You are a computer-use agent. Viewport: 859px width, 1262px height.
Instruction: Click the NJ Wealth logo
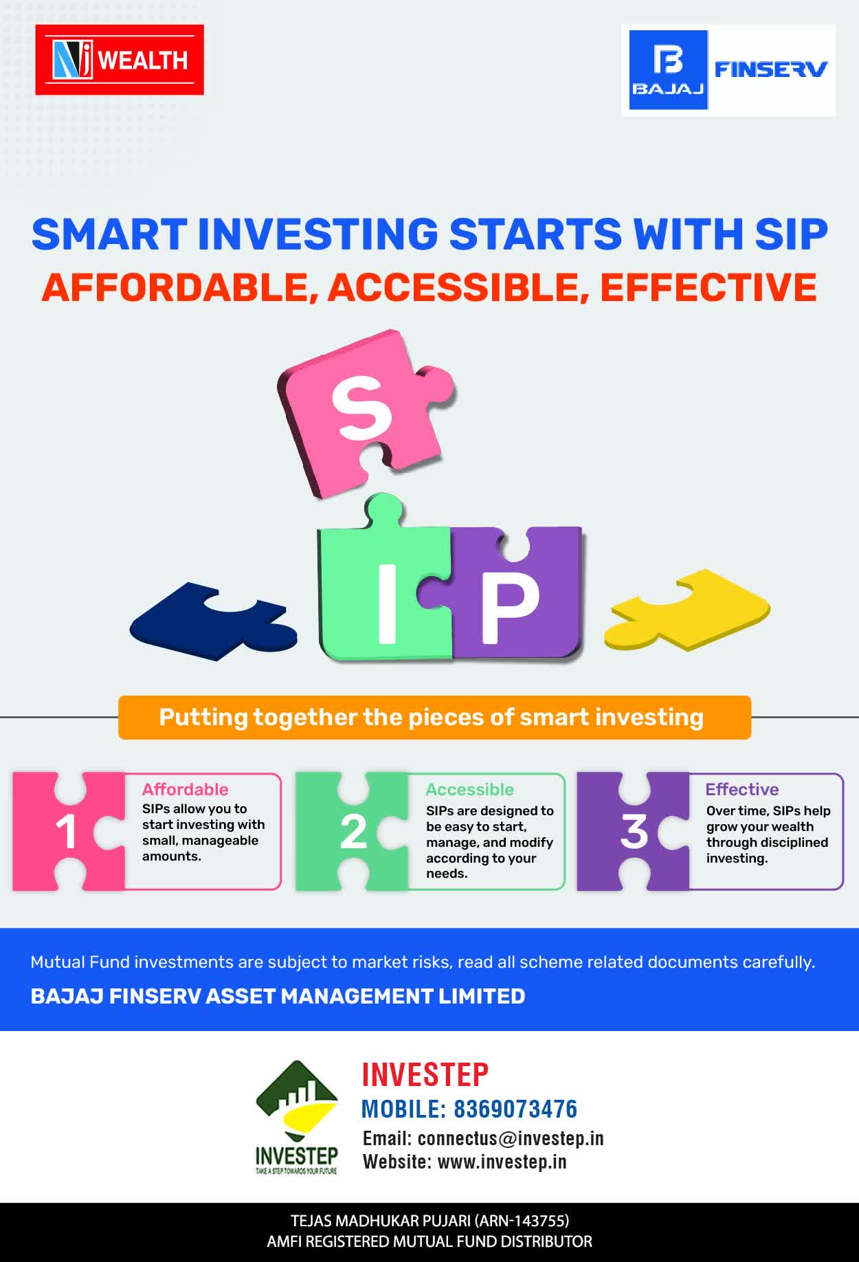pyautogui.click(x=120, y=60)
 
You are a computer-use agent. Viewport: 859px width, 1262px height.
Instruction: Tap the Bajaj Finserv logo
pyautogui.click(x=728, y=70)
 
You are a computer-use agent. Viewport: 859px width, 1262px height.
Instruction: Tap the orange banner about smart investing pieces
pyautogui.click(x=434, y=718)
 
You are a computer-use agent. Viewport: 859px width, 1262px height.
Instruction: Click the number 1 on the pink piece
pyautogui.click(x=66, y=832)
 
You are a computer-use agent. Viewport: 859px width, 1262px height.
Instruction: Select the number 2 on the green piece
pyautogui.click(x=353, y=832)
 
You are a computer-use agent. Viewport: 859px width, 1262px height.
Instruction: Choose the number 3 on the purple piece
pyautogui.click(x=634, y=832)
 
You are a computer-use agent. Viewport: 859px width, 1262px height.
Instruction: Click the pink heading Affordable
pyautogui.click(x=185, y=790)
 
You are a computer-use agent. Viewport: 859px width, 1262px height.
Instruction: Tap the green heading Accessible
pyautogui.click(x=469, y=790)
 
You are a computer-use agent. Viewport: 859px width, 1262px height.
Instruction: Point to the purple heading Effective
pyautogui.click(x=742, y=790)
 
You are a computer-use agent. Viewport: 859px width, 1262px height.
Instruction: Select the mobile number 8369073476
pyautogui.click(x=515, y=1109)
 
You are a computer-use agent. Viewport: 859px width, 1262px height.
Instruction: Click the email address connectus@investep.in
pyautogui.click(x=511, y=1139)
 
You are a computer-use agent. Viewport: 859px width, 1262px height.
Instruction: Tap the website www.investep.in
pyautogui.click(x=502, y=1162)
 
